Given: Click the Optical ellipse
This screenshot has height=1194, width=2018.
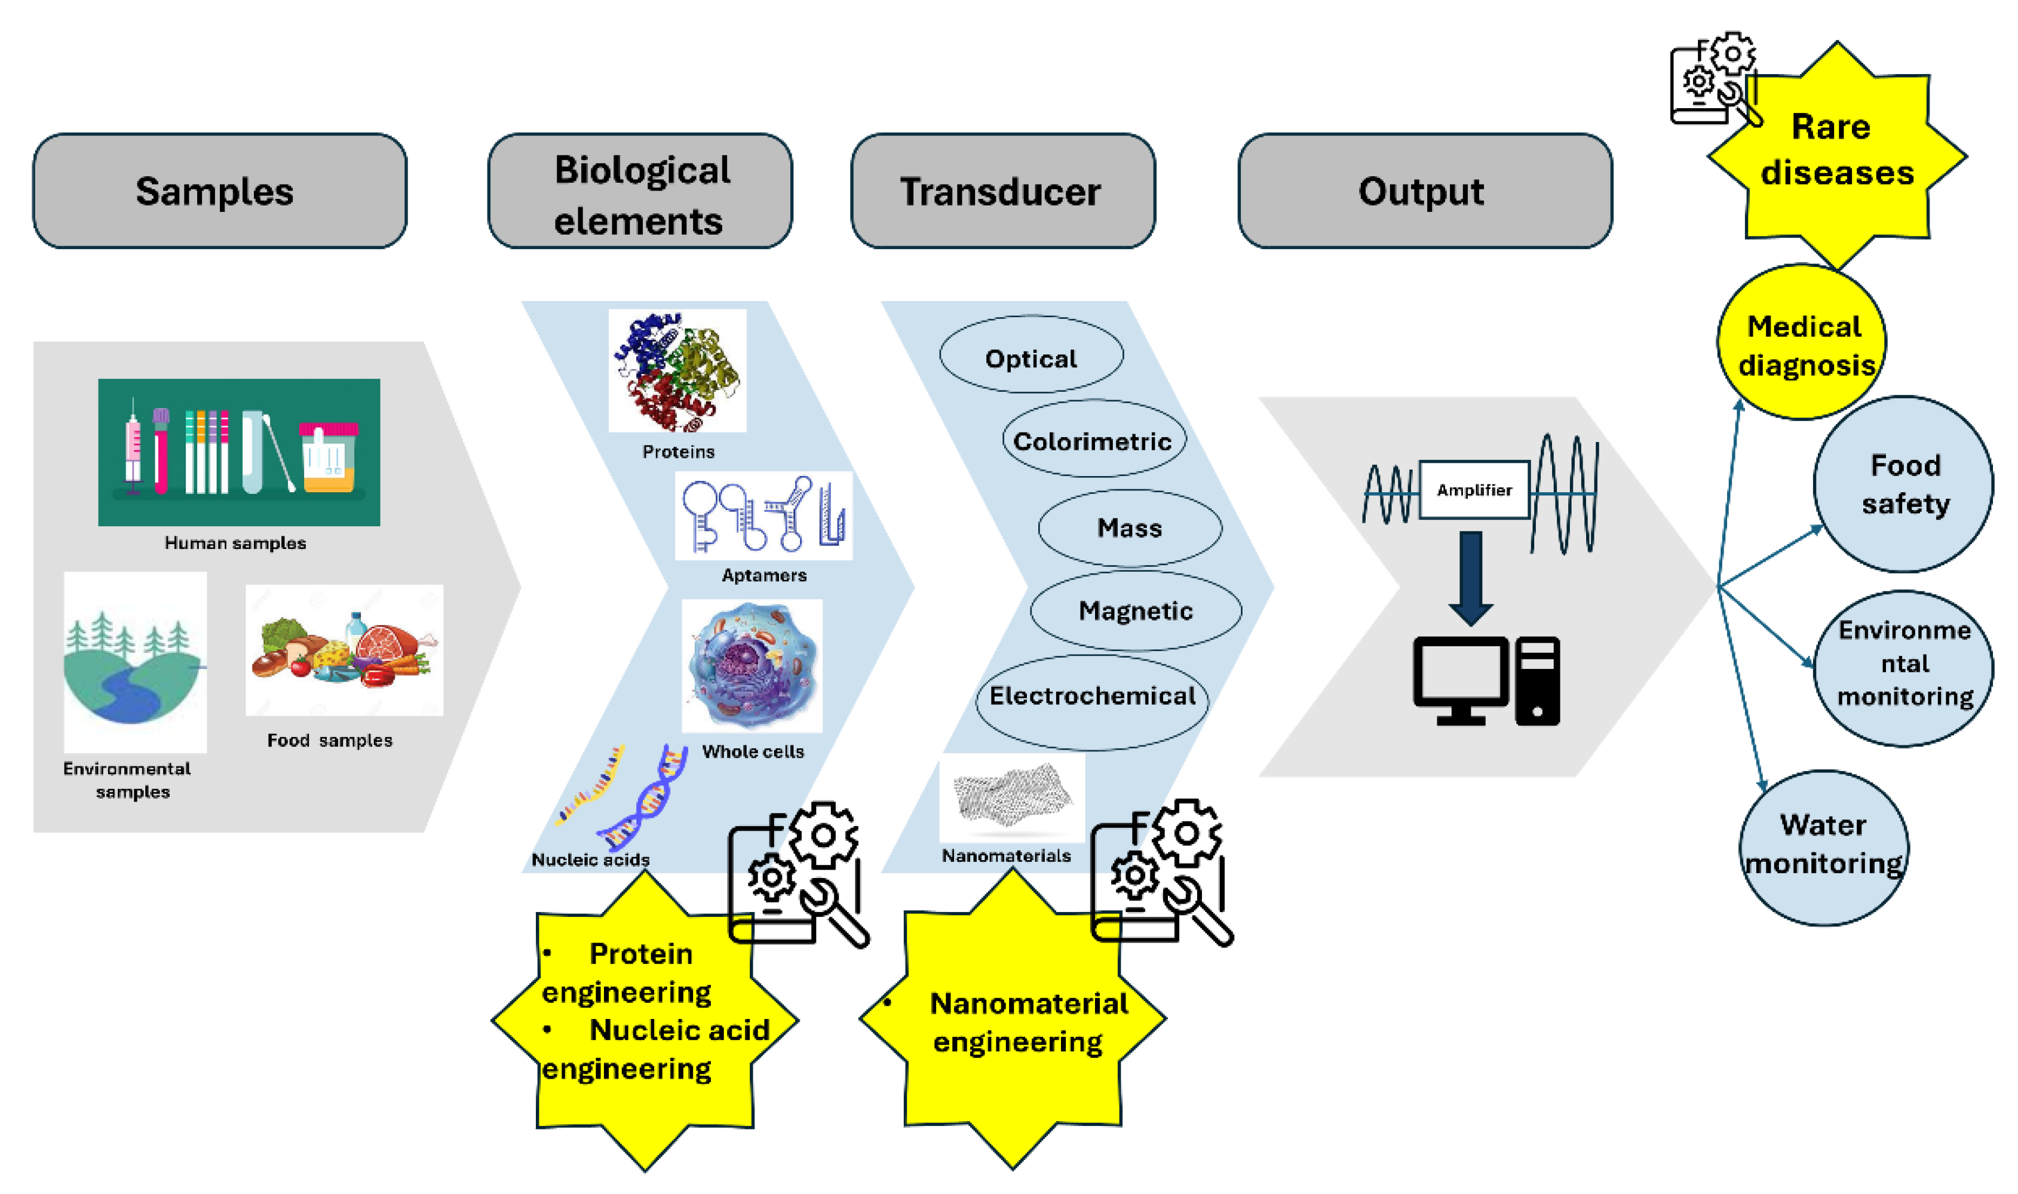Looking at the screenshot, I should [1031, 355].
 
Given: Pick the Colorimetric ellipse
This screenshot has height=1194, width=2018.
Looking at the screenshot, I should [1093, 438].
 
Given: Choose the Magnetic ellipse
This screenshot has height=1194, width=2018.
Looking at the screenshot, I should [1135, 610].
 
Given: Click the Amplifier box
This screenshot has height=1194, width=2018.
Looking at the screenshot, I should [1474, 489].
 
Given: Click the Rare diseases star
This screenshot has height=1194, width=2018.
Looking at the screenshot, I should [1836, 153].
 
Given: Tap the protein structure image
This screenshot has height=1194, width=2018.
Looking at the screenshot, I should [677, 371].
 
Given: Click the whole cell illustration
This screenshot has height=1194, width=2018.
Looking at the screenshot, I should [752, 665].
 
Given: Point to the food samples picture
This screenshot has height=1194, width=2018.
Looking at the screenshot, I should [344, 650].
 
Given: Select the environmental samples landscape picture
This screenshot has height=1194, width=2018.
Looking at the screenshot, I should [134, 661].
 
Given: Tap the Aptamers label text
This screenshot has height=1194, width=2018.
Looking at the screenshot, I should [763, 575].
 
